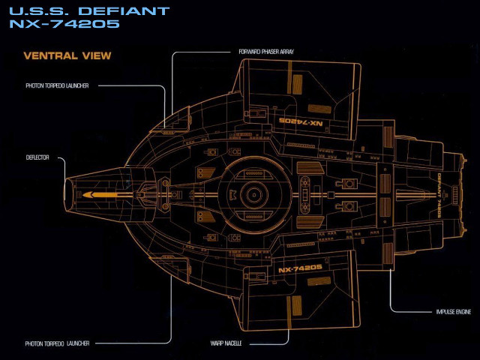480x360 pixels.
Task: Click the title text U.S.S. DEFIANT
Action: (x=88, y=11)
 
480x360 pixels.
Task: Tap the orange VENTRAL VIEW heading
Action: (x=67, y=55)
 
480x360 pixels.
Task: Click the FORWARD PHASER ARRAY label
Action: (x=260, y=52)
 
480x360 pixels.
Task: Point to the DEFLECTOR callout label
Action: (x=37, y=157)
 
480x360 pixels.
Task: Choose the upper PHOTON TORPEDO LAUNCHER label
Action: (x=57, y=85)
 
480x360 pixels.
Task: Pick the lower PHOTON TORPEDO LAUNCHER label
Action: (x=57, y=343)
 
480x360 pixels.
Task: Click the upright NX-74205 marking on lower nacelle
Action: (x=300, y=268)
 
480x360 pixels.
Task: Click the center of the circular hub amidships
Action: (x=253, y=194)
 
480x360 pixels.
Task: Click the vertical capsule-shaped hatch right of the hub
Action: (x=305, y=194)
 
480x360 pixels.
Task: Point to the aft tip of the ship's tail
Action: (x=466, y=194)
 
